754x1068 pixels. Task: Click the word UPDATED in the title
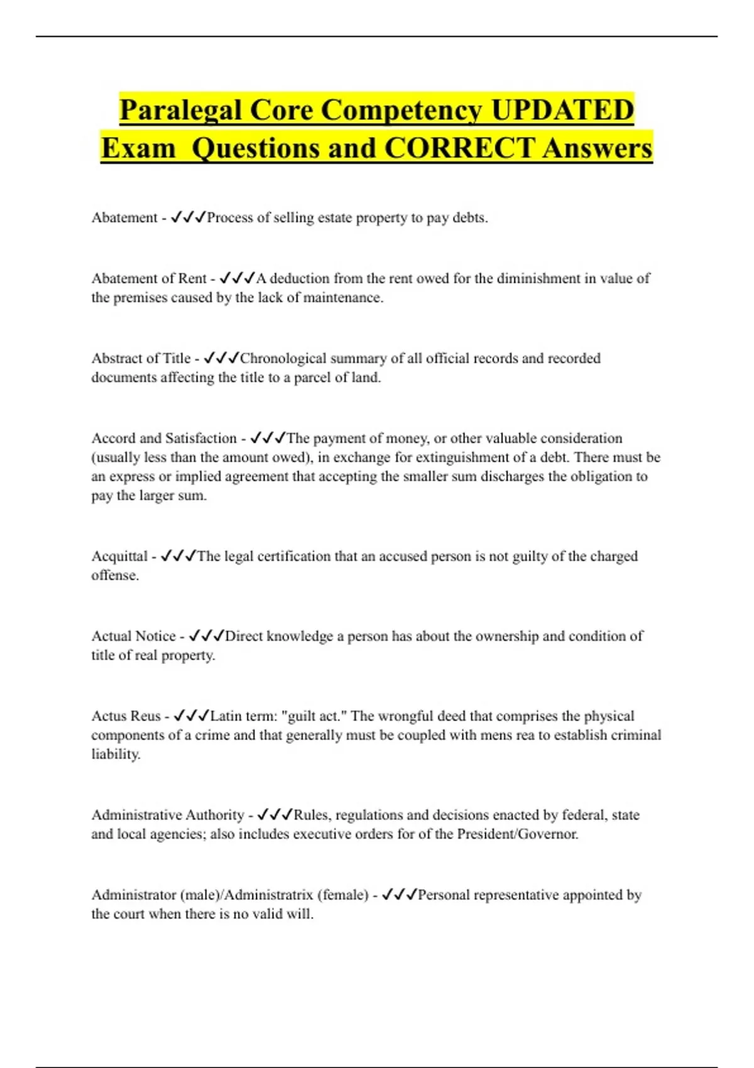[562, 110]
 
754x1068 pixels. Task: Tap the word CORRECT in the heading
[461, 148]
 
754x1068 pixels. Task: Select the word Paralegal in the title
[181, 110]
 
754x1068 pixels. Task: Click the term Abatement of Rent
[149, 278]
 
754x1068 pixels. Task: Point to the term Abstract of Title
[141, 358]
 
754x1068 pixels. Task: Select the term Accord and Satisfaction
[164, 438]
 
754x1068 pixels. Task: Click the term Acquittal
[119, 556]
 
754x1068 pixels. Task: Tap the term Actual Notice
[133, 636]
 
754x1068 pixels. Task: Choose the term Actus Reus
[126, 716]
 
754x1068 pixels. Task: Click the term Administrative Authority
[167, 815]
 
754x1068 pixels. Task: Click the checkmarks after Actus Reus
[192, 716]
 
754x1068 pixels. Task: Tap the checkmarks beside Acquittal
[178, 556]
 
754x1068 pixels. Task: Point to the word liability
[115, 754]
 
